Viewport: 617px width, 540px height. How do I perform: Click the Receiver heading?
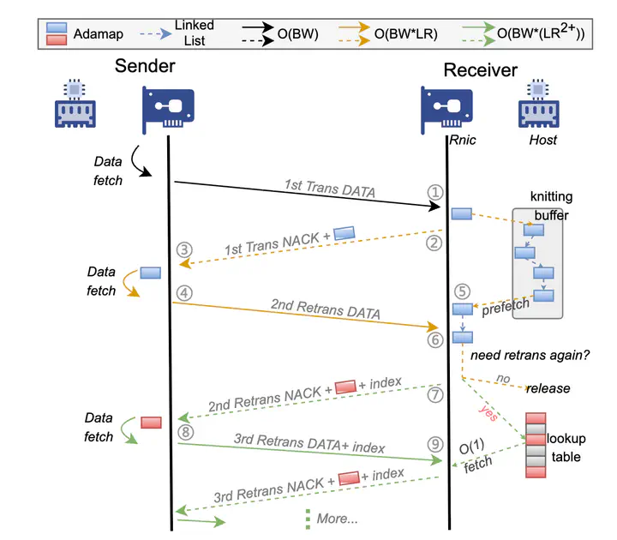(x=479, y=69)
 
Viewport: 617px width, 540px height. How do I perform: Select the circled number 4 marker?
(x=183, y=293)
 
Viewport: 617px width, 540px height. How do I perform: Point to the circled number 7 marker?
(x=434, y=395)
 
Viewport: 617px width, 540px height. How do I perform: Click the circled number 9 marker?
(x=435, y=444)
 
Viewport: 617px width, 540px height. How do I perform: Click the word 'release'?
(x=548, y=388)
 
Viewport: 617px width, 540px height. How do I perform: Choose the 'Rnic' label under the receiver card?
(x=463, y=140)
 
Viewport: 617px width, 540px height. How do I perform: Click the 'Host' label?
(x=542, y=140)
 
